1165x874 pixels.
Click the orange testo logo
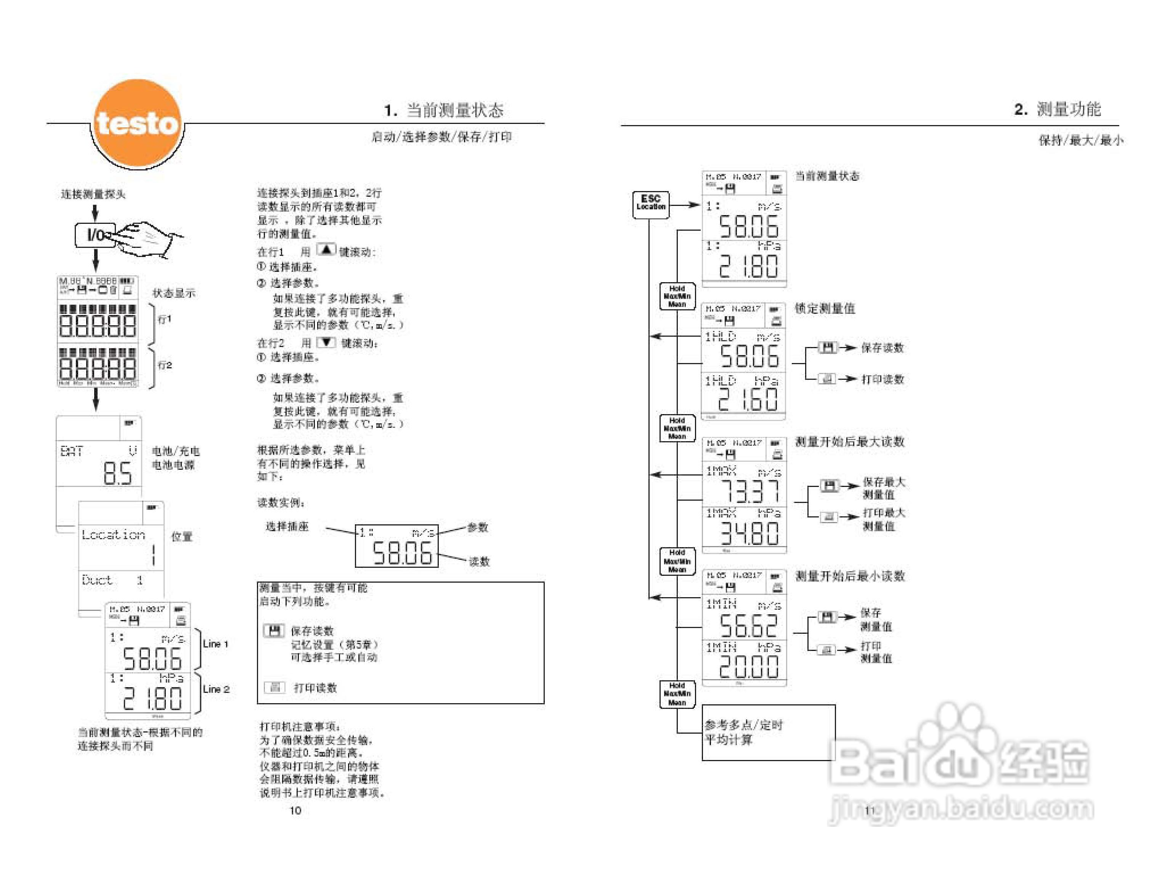tap(138, 124)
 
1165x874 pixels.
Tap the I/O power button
tap(95, 235)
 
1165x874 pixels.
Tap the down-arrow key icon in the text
tap(326, 342)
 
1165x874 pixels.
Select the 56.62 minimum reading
tap(748, 625)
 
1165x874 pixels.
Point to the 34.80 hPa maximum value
tap(749, 533)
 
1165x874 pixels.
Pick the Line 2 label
tap(216, 689)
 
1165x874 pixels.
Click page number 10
tap(295, 811)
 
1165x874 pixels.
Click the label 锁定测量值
tap(825, 308)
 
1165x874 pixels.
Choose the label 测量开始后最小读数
tap(849, 576)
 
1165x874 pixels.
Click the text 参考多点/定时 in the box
tap(744, 725)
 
